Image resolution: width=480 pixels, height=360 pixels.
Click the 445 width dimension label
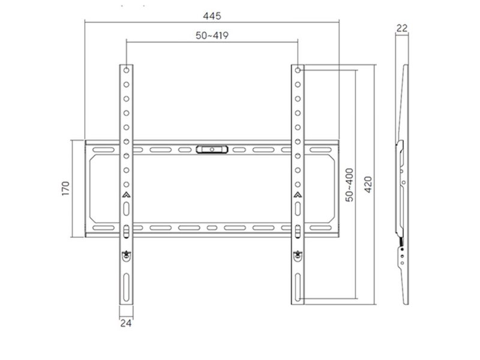coord(212,16)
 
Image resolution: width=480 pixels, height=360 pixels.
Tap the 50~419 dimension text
coord(212,35)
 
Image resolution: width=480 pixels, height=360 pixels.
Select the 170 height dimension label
coord(66,188)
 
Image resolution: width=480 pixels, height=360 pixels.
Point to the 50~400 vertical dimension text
coord(349,185)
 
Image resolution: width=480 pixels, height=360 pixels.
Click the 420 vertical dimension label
coord(368,185)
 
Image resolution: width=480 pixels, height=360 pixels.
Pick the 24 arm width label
coord(126,323)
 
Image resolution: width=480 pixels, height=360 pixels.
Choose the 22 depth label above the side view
coord(402,28)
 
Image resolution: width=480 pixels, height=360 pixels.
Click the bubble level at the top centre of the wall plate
coord(212,149)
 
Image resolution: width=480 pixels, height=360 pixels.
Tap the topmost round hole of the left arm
coord(127,70)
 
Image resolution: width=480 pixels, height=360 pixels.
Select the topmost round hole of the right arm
coord(298,70)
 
